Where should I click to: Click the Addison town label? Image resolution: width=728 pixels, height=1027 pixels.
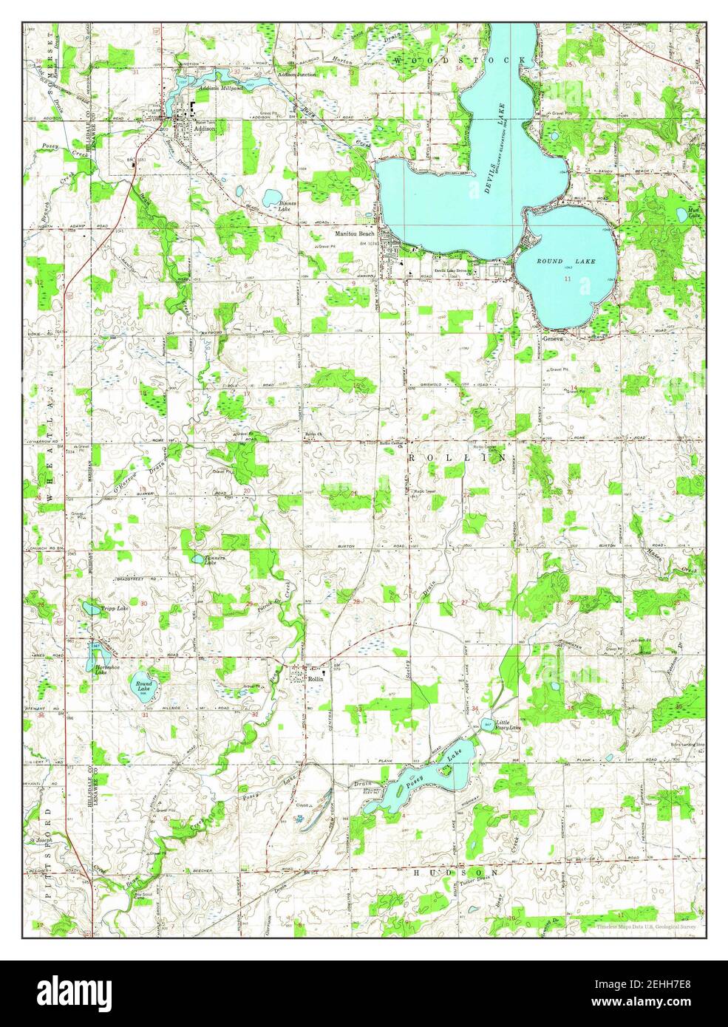tap(205, 128)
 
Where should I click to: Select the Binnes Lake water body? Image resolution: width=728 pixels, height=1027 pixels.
tap(270, 197)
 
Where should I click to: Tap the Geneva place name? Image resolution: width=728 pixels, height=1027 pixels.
tap(553, 338)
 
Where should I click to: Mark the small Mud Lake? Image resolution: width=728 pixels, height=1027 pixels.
tap(681, 216)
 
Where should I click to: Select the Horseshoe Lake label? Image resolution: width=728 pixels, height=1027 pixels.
tap(106, 671)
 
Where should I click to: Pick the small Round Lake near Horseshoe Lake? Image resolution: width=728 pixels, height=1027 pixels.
tap(142, 686)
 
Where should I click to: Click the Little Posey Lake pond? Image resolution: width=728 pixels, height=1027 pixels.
tap(488, 725)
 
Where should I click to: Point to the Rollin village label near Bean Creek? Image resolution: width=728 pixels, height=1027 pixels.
tap(316, 678)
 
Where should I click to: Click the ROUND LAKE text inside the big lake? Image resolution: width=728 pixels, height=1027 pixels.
tap(565, 262)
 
